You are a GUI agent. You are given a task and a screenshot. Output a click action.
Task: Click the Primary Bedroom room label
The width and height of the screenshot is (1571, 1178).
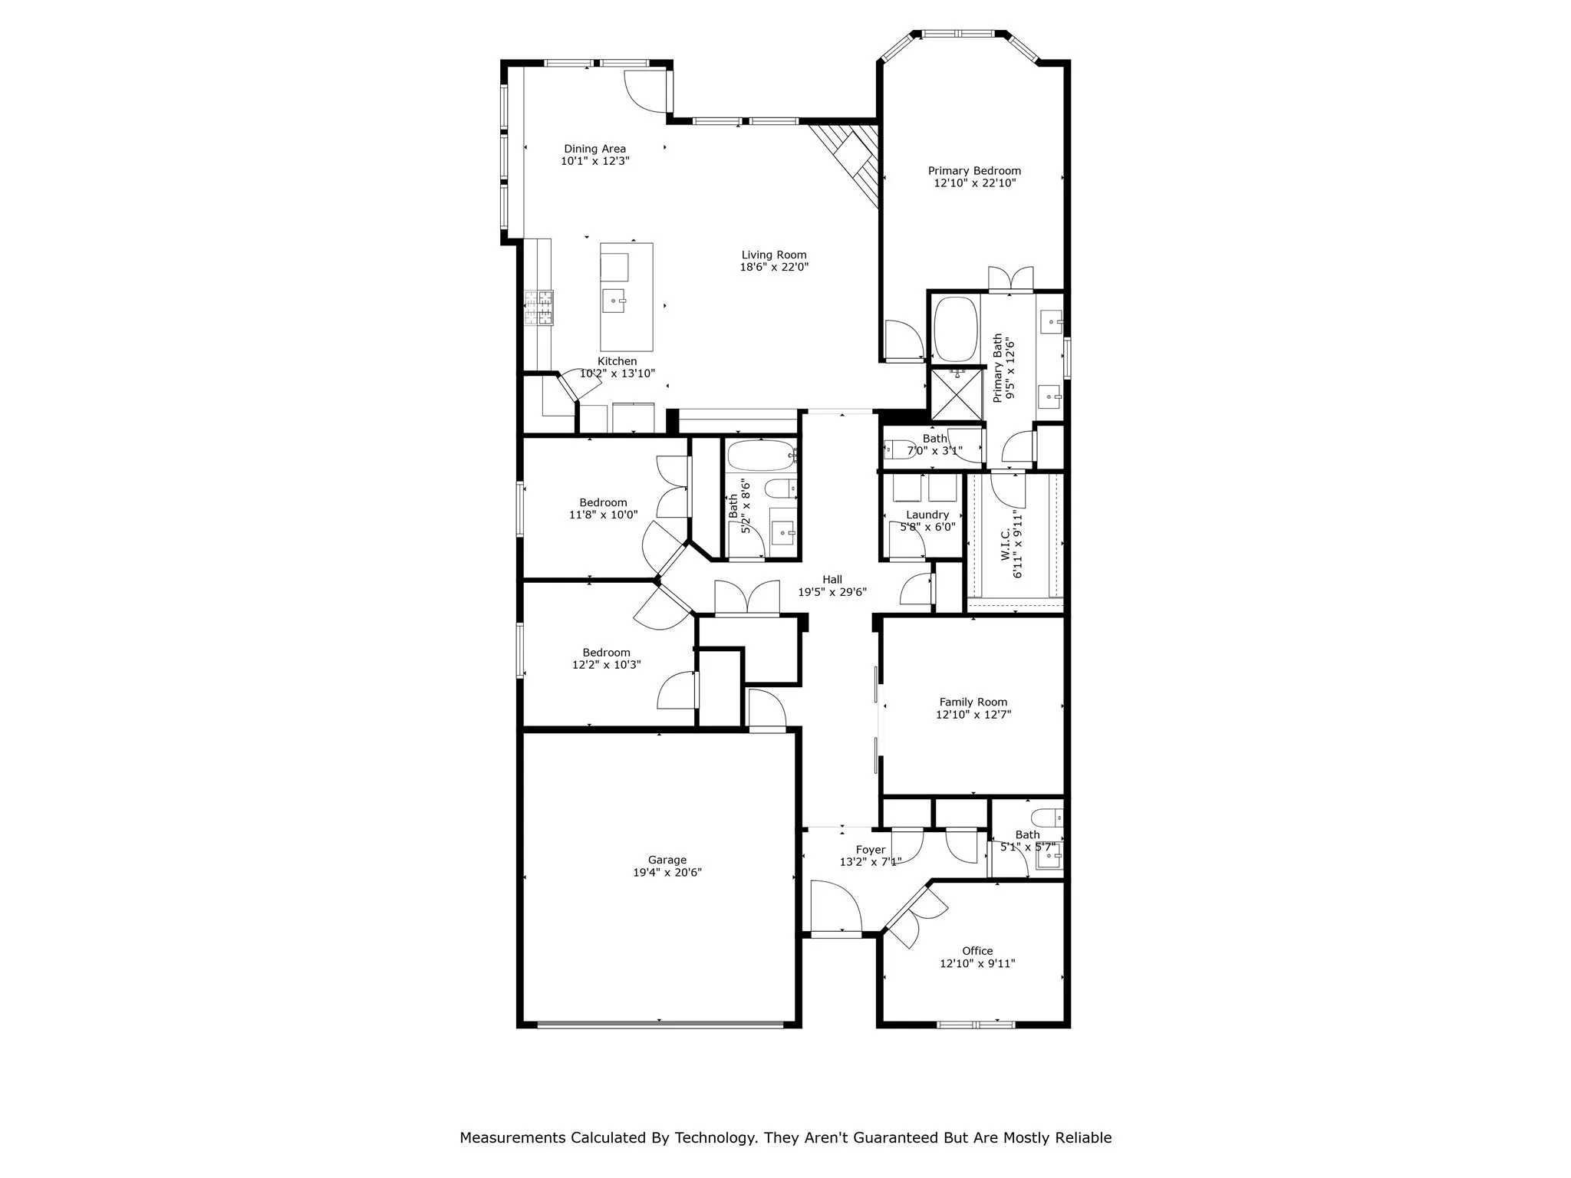pos(974,171)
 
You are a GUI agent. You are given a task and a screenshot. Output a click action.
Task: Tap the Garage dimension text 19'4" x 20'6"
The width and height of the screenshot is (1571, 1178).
pos(667,872)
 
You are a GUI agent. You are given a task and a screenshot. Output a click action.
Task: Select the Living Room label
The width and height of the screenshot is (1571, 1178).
pos(774,255)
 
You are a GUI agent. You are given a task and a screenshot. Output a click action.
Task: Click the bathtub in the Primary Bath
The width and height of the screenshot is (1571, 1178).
pos(955,329)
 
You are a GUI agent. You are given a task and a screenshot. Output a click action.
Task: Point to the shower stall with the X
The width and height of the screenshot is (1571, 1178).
pos(957,395)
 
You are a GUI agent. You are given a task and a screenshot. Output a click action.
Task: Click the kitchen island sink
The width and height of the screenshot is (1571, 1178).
pos(614,301)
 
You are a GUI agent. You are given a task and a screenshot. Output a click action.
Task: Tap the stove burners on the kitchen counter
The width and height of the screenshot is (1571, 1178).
pos(538,308)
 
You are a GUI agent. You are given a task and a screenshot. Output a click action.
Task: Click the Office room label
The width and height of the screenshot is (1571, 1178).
pos(977,951)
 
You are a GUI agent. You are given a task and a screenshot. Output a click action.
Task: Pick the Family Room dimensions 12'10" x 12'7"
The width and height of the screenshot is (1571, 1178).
pos(973,714)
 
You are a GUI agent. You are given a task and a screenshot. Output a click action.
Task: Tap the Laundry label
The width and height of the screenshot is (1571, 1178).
pos(927,515)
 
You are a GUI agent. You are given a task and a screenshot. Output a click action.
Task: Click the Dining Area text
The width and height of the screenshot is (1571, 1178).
pos(594,149)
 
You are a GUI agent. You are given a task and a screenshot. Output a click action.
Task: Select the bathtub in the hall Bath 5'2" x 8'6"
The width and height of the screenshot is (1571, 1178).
pos(761,455)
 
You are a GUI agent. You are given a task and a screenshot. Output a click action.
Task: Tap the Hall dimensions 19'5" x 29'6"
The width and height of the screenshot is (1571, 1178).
pos(832,592)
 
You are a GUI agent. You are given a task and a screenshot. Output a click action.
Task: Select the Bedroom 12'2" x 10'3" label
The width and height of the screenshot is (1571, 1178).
pos(606,653)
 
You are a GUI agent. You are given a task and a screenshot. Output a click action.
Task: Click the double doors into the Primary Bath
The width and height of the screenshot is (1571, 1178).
pos(1010,280)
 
